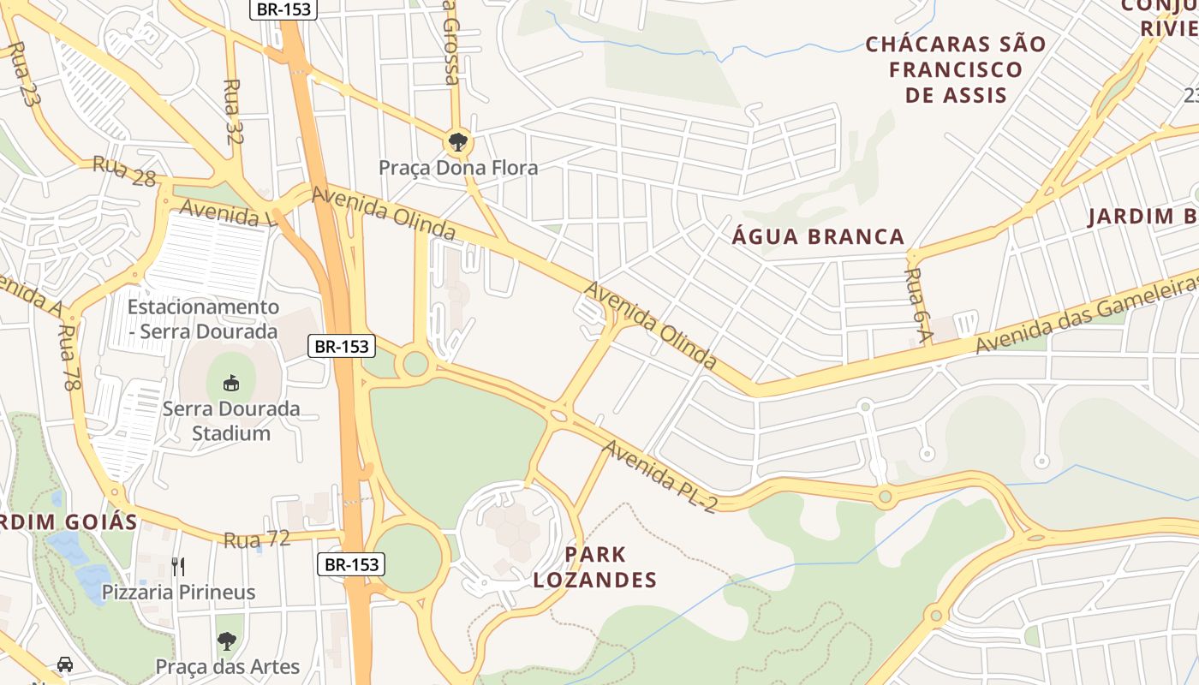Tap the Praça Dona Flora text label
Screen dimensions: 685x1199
tap(458, 168)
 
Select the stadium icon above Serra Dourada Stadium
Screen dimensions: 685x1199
tap(230, 383)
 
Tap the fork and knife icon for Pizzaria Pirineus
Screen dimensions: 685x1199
tap(178, 566)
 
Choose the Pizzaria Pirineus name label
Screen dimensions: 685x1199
tap(178, 592)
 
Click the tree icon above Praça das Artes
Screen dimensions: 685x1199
tap(226, 641)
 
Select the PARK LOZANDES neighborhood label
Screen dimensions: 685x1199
tap(594, 567)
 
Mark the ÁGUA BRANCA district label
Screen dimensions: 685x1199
tap(818, 237)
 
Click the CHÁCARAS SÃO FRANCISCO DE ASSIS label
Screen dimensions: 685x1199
tap(956, 69)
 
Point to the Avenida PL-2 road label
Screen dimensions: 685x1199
tap(658, 476)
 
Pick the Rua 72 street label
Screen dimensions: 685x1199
tap(257, 539)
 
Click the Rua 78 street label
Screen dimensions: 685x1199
tap(69, 358)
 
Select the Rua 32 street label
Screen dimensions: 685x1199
tap(233, 111)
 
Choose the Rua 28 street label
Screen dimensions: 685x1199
tap(124, 170)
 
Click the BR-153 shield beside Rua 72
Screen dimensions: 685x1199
tap(351, 564)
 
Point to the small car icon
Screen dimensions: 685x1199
tap(64, 664)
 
